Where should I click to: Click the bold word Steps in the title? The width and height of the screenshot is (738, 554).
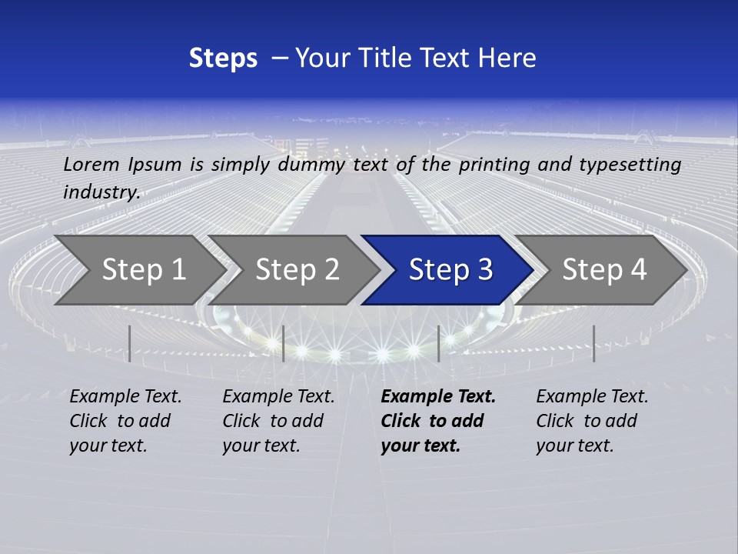pos(223,58)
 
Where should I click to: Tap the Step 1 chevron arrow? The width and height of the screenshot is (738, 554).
pos(138,269)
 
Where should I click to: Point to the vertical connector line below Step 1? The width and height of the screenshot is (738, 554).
pos(130,343)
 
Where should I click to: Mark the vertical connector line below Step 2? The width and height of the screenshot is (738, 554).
pos(284,343)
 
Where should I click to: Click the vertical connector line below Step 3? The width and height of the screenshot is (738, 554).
pos(438,343)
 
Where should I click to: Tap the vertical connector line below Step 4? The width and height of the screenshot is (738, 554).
pos(593,343)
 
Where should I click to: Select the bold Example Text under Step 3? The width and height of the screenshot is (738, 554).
pos(438,397)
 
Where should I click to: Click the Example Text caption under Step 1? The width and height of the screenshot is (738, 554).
pos(125,397)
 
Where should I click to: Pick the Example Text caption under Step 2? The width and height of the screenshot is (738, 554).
pos(278,397)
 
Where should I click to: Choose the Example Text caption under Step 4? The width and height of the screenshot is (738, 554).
pos(592,397)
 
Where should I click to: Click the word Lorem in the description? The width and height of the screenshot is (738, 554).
pos(91,164)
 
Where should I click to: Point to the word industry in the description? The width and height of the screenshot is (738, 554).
pos(101,192)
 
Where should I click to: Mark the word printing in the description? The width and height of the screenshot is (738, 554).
pos(493,164)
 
